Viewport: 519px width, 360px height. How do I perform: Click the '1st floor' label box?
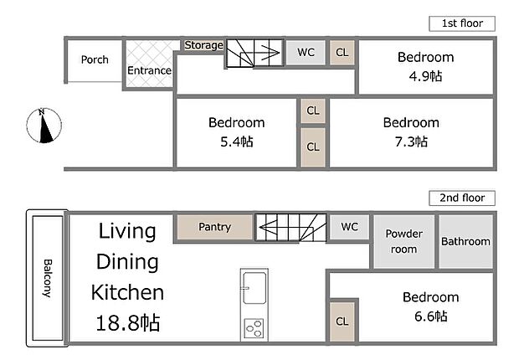(x=462, y=23)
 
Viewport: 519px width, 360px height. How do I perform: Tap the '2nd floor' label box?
(x=462, y=198)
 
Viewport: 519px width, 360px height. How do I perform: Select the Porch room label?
(x=95, y=59)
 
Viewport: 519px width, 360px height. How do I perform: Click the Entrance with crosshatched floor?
(x=149, y=70)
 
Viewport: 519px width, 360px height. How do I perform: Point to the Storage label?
(x=203, y=45)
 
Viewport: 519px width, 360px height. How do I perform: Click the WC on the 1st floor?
(x=306, y=53)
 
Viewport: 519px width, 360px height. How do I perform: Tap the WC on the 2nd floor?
(x=349, y=226)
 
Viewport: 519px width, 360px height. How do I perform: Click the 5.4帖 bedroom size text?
(x=236, y=142)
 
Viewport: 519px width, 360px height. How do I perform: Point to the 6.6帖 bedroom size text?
(x=430, y=316)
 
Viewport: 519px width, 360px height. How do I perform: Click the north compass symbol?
(x=44, y=126)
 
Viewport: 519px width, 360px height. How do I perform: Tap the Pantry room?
(x=214, y=227)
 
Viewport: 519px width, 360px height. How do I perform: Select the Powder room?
(x=403, y=241)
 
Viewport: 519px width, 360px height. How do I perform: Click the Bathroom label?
(x=466, y=241)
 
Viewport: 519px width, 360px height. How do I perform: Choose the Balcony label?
(x=47, y=277)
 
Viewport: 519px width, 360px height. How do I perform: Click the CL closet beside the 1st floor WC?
(x=342, y=53)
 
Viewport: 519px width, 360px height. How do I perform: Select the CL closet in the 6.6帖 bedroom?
(x=342, y=321)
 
